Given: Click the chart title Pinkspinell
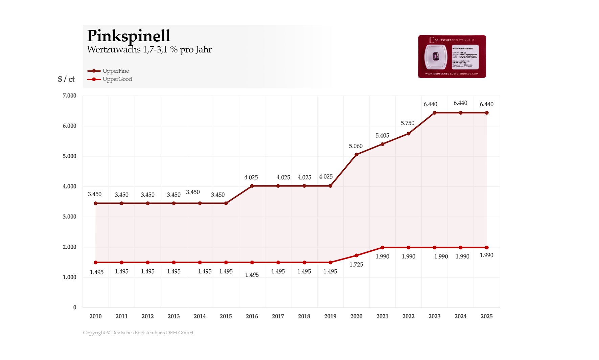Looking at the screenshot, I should coord(129,36).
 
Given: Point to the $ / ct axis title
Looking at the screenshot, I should coord(66,79).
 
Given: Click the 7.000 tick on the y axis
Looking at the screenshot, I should coord(69,96).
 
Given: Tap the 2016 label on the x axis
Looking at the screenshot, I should coord(252,316).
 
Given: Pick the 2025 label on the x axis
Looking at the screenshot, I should coord(486,316).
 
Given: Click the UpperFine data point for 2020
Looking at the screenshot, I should coord(356,155).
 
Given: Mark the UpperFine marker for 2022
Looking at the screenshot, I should coord(409,134).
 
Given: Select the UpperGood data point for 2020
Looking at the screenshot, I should coord(356,255).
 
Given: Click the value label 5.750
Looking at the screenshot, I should coord(408,123).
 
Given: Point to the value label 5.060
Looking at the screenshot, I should coord(356,146).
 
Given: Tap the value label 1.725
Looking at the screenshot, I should coord(356,265).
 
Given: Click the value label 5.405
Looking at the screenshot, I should coord(382,136).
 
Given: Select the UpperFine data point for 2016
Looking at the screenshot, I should coord(252,186).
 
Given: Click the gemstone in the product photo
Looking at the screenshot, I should coord(436,57).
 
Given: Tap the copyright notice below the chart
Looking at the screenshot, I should coord(138,333).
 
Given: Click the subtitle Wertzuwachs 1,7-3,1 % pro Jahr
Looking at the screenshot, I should coord(149,50).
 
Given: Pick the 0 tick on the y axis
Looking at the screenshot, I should coord(75,308).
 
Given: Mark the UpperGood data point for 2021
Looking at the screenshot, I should coord(383,248).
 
